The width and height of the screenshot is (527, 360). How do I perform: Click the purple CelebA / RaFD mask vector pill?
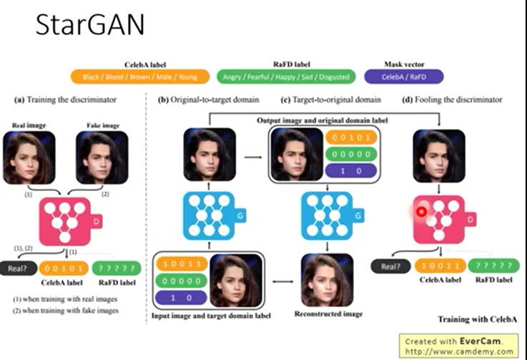[x=404, y=76]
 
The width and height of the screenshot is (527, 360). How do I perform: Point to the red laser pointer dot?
[x=423, y=211]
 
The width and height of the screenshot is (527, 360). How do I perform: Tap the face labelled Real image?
[x=29, y=158]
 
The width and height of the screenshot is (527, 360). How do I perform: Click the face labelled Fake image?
[x=102, y=158]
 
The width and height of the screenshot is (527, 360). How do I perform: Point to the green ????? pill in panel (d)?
[x=496, y=266]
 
